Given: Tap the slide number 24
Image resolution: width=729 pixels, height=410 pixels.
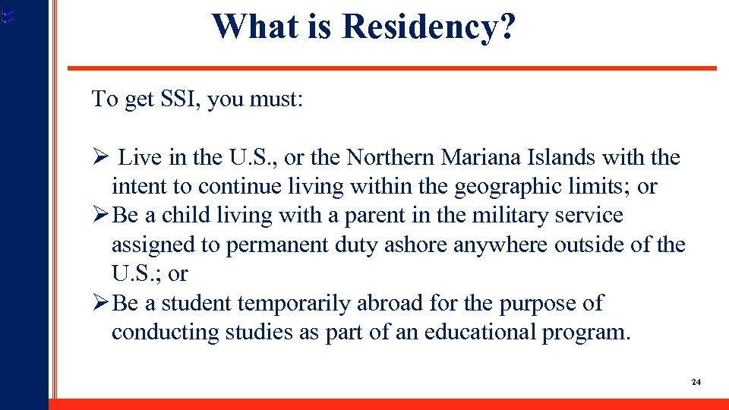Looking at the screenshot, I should click(x=696, y=382).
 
